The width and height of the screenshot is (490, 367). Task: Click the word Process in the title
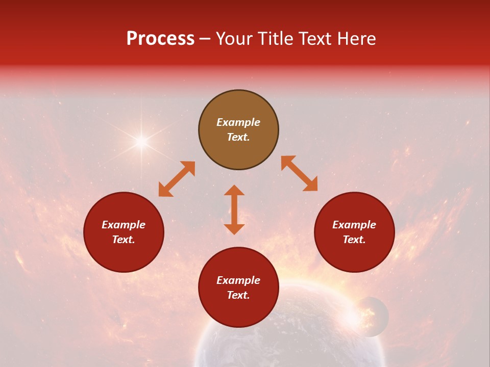pos(160,39)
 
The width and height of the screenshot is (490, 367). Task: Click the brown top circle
pos(238,130)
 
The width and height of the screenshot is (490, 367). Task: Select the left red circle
pos(124,232)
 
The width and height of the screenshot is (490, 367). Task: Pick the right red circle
pos(354,232)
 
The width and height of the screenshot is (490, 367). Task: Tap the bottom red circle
pos(238,287)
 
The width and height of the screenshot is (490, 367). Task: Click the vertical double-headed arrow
pos(234,209)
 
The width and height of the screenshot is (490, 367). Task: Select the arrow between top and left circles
pos(177,179)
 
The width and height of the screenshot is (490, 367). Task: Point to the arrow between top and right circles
pos(299,173)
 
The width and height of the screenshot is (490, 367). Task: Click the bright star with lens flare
pos(141,142)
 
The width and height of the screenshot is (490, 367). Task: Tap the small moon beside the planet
pos(371,317)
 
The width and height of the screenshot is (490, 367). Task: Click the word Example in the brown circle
pos(238,122)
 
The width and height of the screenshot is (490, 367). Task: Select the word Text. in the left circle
pos(124,240)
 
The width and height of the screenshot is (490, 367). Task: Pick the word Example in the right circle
pos(354,225)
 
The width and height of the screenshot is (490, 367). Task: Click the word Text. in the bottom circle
pos(238,295)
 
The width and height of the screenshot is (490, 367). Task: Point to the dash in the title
pos(205,39)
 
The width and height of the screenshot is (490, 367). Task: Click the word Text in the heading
pos(314,39)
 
